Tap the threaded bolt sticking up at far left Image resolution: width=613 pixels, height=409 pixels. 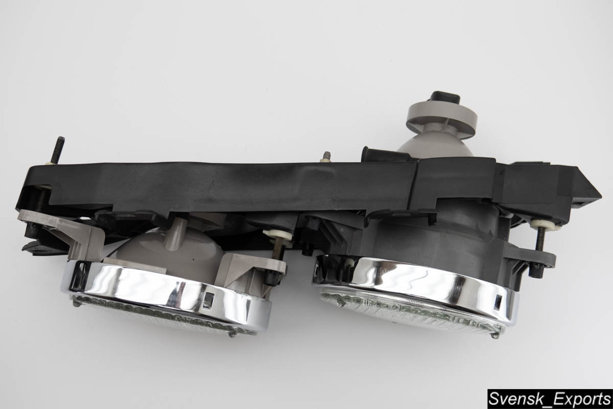58,150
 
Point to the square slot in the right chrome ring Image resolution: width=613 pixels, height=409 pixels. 499,301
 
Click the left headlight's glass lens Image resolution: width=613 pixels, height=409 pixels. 161,315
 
